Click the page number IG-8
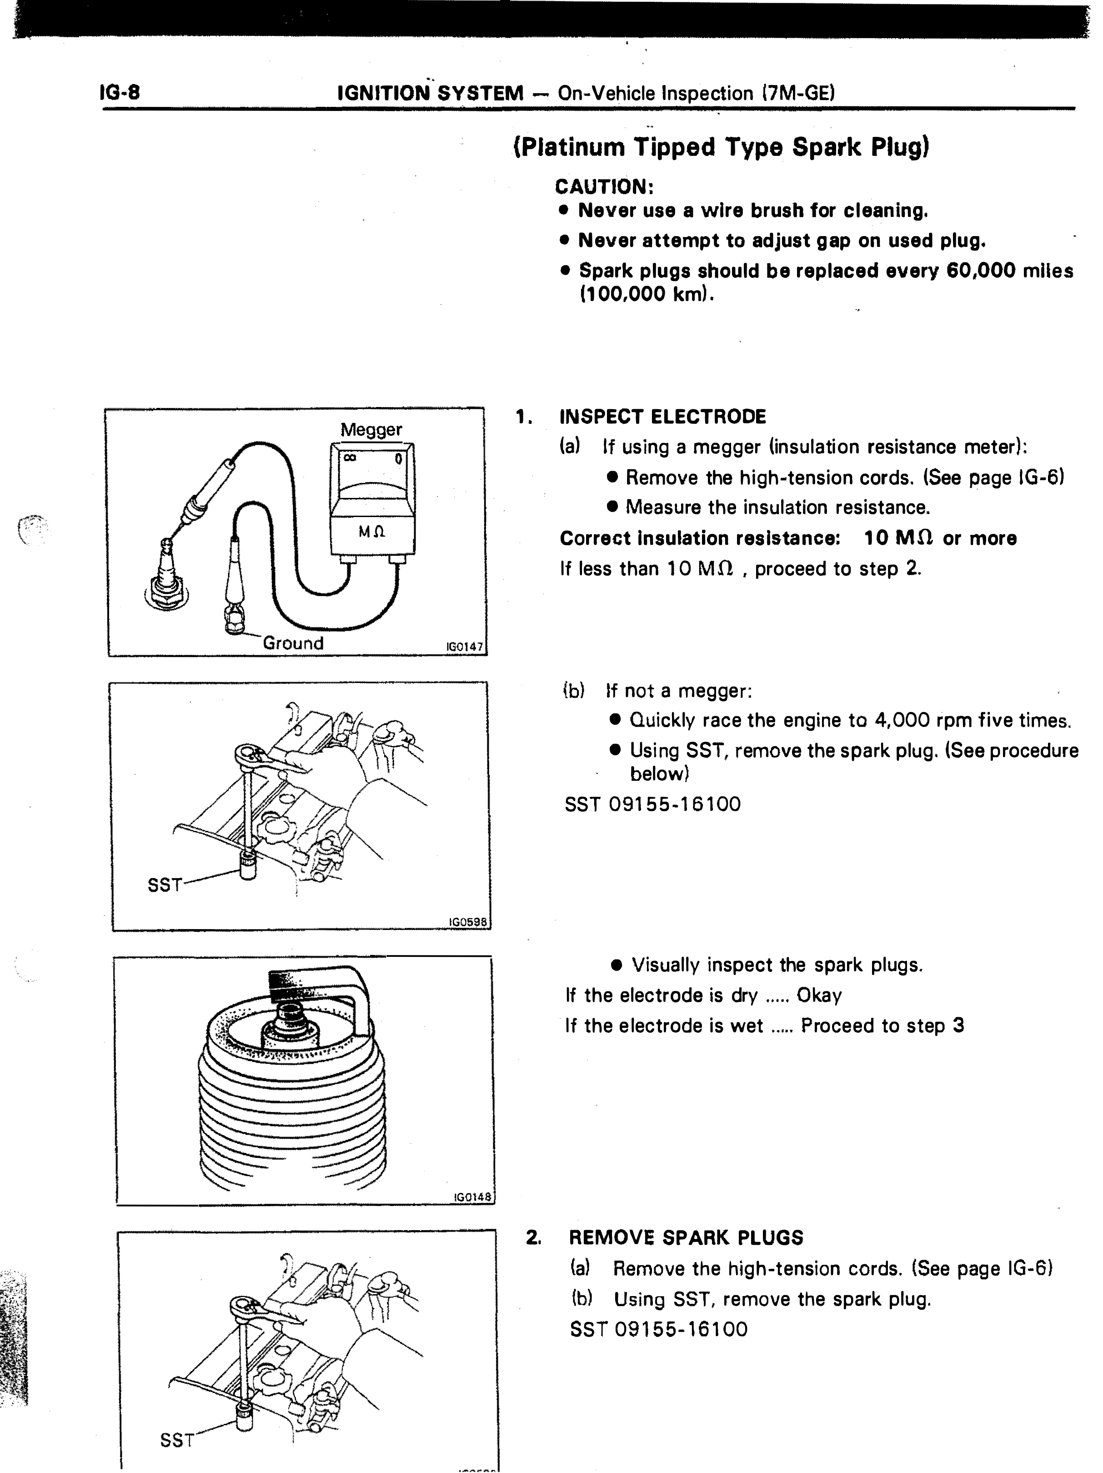(120, 92)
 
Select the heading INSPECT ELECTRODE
(662, 417)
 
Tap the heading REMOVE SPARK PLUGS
(686, 1237)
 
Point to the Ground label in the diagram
(293, 643)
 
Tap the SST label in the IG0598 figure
(165, 885)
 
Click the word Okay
(819, 995)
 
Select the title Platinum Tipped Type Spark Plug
(721, 146)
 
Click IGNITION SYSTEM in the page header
(431, 93)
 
